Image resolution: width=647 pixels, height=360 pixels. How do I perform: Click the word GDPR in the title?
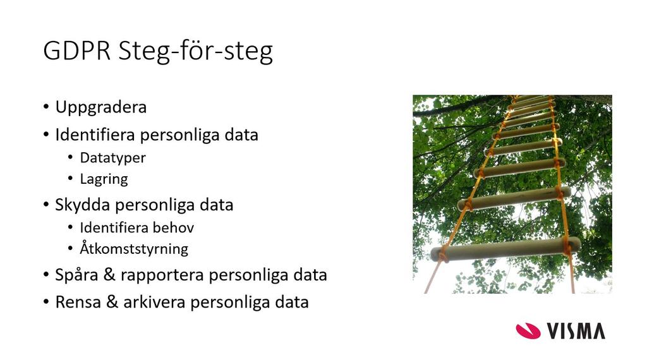(76, 51)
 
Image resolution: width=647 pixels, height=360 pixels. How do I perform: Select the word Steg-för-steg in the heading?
(196, 52)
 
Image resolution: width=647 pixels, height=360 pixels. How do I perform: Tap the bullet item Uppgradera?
(101, 107)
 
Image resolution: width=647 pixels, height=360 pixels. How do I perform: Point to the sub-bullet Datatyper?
(112, 158)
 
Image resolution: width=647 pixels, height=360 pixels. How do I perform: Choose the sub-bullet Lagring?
(104, 179)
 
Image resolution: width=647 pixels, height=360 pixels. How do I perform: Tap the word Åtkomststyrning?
(134, 249)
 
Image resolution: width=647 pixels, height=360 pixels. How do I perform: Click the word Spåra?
(76, 275)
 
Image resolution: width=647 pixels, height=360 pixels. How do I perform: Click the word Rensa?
(78, 303)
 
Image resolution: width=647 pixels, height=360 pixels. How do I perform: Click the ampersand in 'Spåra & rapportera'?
(109, 275)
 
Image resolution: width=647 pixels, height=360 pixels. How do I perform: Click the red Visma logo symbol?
(528, 331)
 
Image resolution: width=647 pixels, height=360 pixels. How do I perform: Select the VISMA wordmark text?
(576, 331)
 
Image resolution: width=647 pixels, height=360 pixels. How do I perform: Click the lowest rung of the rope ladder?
(505, 249)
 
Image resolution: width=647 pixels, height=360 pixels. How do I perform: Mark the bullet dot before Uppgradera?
(45, 107)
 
